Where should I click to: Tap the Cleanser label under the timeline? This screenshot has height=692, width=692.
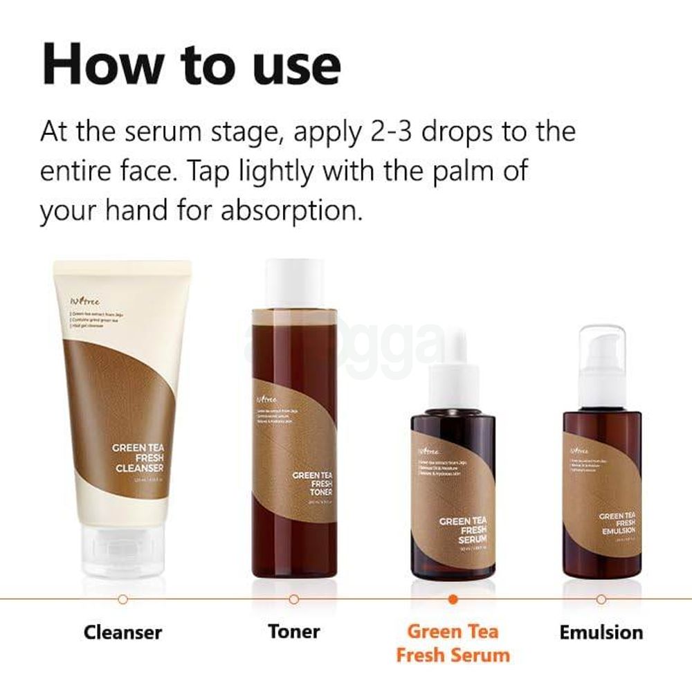click(x=122, y=632)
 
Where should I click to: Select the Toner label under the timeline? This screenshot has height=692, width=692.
click(x=294, y=631)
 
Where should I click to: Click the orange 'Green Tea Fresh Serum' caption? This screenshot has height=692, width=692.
click(x=453, y=643)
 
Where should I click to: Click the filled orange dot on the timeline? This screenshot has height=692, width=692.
click(x=453, y=599)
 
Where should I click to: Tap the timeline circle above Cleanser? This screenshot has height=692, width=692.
click(x=122, y=599)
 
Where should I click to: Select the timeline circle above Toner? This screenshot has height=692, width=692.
click(x=294, y=599)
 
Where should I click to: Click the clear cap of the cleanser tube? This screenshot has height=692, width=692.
click(x=122, y=547)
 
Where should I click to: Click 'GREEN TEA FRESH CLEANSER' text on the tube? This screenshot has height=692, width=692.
click(x=138, y=457)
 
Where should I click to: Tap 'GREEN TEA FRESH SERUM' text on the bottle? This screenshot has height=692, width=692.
click(x=463, y=529)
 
